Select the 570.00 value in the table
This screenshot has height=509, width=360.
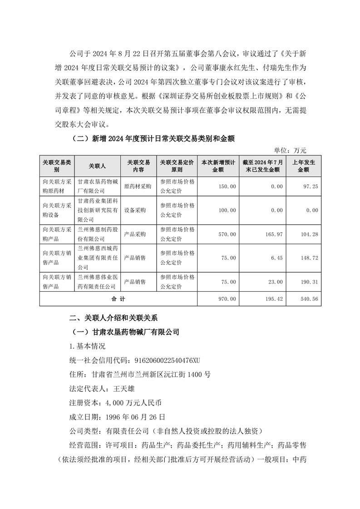tap(227, 234)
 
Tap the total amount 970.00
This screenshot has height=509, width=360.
tap(227, 299)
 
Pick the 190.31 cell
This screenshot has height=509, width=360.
tap(309, 282)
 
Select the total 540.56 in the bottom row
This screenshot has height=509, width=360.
tap(309, 299)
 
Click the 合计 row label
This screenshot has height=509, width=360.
tap(118, 299)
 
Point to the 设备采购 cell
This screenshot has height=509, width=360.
tap(135, 210)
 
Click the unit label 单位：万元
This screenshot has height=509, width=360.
tap(291, 150)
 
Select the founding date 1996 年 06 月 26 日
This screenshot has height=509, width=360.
tap(135, 416)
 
